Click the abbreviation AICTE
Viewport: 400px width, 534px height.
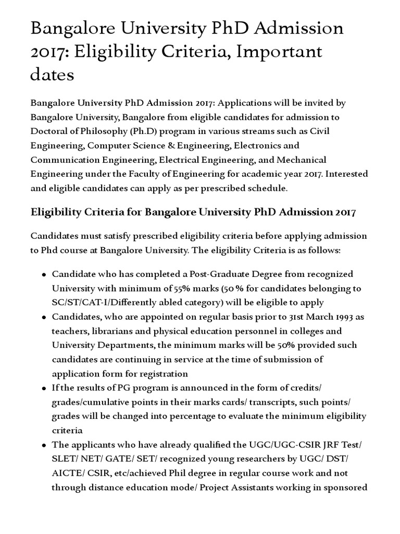[x=66, y=473]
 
